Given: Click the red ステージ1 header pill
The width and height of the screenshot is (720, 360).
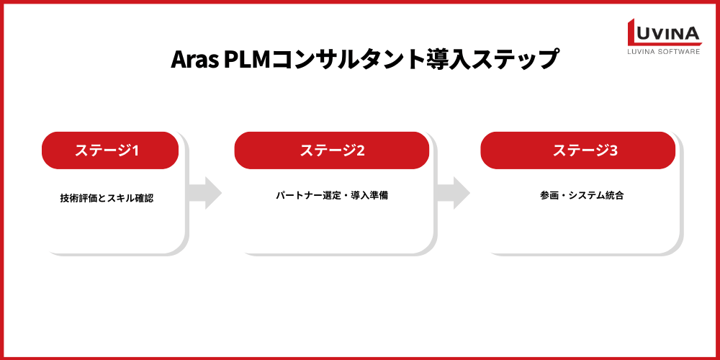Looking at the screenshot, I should tap(109, 150).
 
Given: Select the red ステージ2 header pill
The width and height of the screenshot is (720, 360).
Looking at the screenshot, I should tap(332, 150).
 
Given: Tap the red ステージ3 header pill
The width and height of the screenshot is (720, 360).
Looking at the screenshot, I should tap(578, 150).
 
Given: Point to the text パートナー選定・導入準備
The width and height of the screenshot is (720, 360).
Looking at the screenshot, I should tap(332, 195).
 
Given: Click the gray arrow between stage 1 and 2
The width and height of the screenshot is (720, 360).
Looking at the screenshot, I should tap(204, 192).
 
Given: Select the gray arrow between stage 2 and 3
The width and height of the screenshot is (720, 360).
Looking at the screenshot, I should tap(453, 192).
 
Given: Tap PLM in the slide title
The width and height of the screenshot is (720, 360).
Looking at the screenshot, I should tap(246, 59).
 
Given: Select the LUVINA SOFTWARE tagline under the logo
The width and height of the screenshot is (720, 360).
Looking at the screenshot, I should tap(665, 52).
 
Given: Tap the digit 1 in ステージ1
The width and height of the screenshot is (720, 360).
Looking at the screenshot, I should tap(135, 150).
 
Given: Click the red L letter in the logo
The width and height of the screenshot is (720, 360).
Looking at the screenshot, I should tap(637, 32).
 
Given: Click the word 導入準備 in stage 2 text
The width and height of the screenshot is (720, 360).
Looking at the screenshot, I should tap(371, 195).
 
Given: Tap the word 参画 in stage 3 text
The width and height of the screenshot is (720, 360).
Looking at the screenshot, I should tap(548, 195).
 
